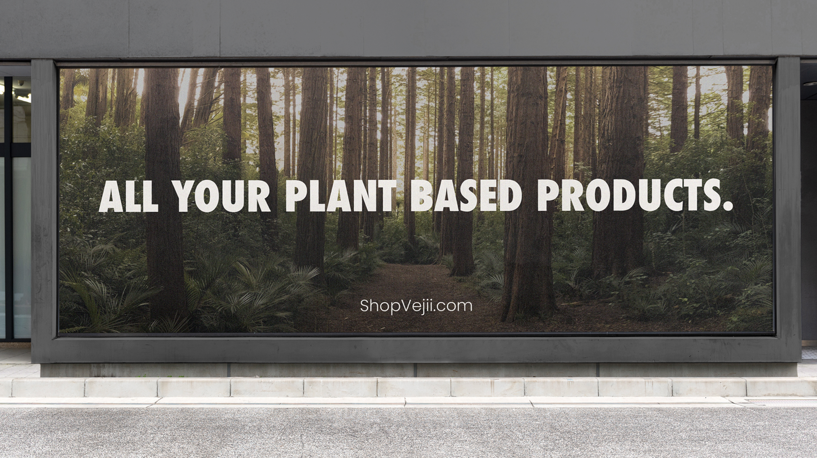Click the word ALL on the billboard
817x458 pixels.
(128, 196)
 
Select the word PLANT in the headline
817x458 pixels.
(341, 196)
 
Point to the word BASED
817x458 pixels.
(466, 196)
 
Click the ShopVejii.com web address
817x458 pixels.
(416, 306)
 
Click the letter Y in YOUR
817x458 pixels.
(183, 196)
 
